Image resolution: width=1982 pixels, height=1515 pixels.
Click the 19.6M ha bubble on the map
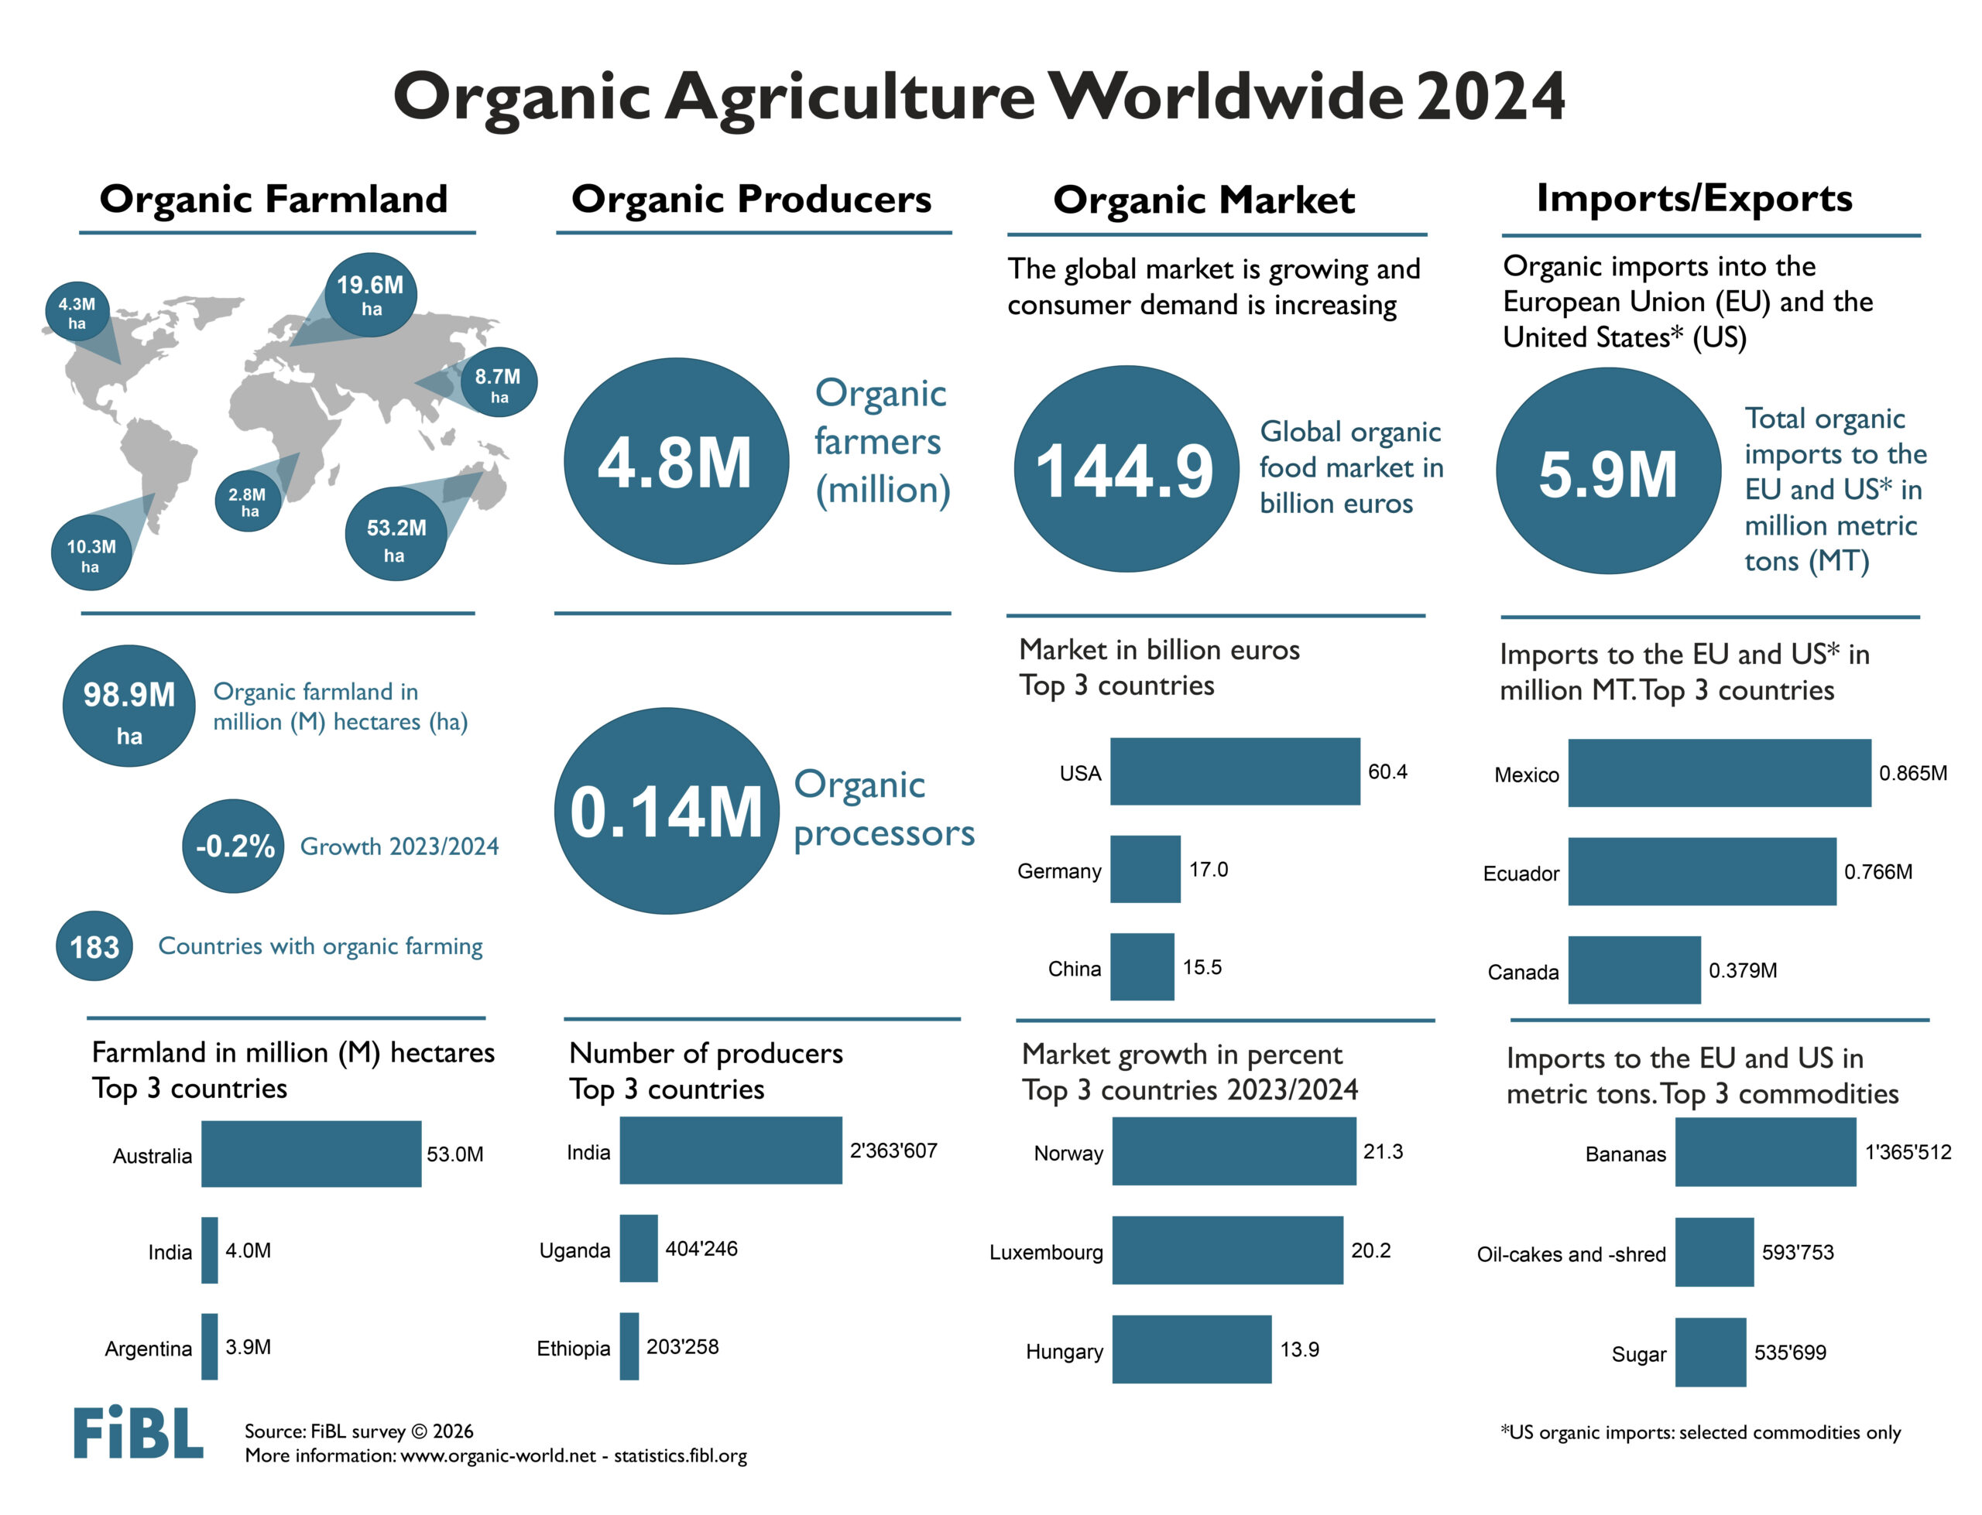370,294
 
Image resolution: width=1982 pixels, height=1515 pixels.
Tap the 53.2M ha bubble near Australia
395,535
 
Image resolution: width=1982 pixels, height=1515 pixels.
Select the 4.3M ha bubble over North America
77,311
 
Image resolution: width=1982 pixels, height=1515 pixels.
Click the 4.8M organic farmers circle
676,461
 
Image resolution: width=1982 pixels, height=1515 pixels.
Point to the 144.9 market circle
1125,469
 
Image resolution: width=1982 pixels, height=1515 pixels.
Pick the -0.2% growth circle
234,846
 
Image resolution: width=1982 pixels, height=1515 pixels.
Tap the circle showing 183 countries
94,946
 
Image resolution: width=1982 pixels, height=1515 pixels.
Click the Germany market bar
1145,870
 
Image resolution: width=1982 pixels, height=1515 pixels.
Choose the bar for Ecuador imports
1700,871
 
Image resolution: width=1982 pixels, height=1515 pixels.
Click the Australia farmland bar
310,1154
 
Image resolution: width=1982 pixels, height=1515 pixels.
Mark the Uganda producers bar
638,1248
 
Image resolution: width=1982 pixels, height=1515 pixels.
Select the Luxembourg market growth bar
1227,1250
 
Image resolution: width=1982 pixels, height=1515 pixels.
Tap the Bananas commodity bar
1764,1151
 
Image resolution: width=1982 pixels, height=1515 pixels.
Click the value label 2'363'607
893,1151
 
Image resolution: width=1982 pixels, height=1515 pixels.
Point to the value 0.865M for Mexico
1912,773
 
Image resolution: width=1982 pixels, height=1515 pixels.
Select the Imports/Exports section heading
1693,198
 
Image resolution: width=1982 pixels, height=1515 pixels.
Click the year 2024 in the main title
1490,97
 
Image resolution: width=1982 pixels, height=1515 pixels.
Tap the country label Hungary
1064,1351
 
